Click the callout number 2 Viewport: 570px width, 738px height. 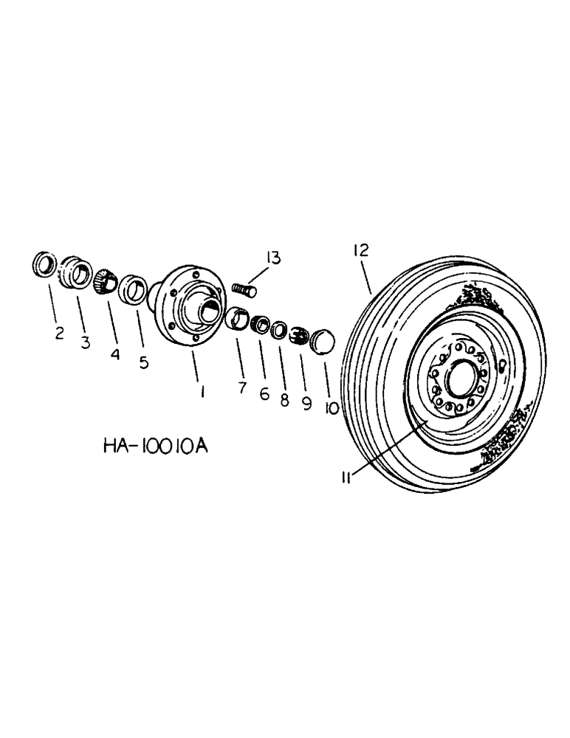click(x=60, y=333)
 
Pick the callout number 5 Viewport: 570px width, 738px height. click(x=143, y=362)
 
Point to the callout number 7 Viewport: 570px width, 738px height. click(x=242, y=387)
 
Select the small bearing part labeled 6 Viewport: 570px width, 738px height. click(x=259, y=325)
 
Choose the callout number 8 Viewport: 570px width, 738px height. click(x=284, y=401)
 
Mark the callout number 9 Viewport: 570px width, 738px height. click(x=307, y=405)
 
